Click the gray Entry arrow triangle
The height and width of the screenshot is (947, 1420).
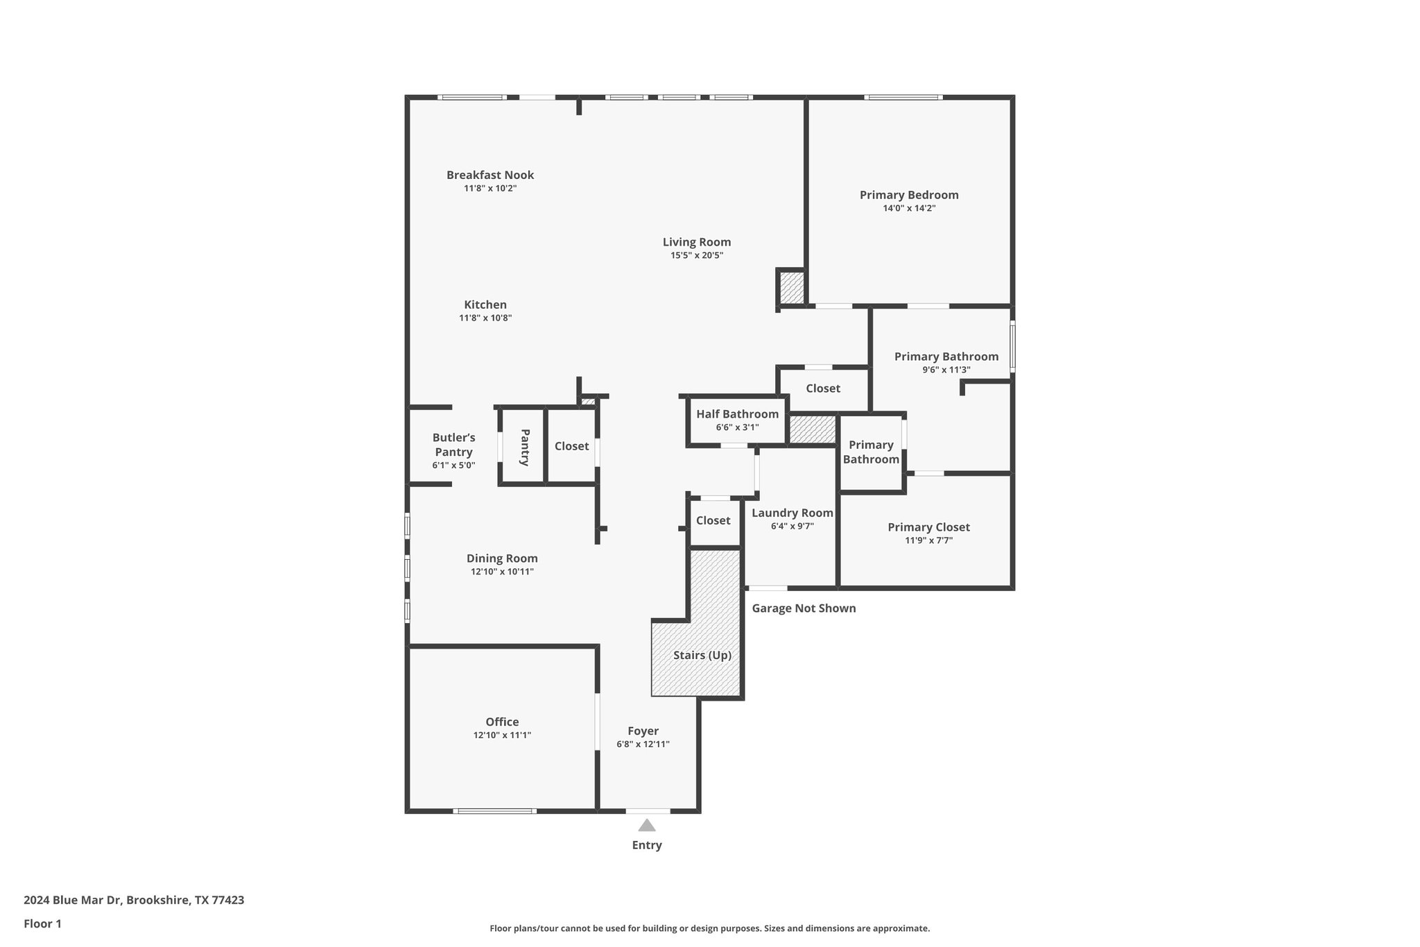(x=646, y=825)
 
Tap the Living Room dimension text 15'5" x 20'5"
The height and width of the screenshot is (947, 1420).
(x=696, y=255)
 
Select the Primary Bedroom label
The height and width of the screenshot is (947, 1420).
(x=908, y=195)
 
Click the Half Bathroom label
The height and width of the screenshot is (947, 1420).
(x=737, y=414)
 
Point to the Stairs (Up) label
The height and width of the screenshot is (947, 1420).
(x=702, y=655)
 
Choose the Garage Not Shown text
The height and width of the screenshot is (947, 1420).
(x=804, y=608)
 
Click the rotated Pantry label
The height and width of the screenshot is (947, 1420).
(x=525, y=447)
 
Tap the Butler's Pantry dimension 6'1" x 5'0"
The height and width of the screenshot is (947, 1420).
(x=453, y=466)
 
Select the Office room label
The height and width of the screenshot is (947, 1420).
(x=502, y=722)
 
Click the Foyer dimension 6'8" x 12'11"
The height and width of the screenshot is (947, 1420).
(x=643, y=744)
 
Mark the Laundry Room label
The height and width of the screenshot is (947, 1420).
(x=792, y=513)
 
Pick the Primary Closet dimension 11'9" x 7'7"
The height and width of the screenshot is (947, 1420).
(x=928, y=540)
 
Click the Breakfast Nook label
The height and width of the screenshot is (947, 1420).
(x=490, y=175)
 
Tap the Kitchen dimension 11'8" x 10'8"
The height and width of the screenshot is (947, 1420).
(x=485, y=318)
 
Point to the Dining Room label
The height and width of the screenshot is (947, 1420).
(x=502, y=558)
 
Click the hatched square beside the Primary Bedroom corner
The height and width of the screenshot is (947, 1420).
(x=791, y=287)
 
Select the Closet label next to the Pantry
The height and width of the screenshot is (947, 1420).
(x=571, y=446)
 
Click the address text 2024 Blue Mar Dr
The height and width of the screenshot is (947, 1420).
(x=73, y=900)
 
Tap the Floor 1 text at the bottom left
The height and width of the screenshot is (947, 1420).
(x=42, y=923)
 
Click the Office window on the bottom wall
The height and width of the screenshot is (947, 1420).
(x=494, y=810)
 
